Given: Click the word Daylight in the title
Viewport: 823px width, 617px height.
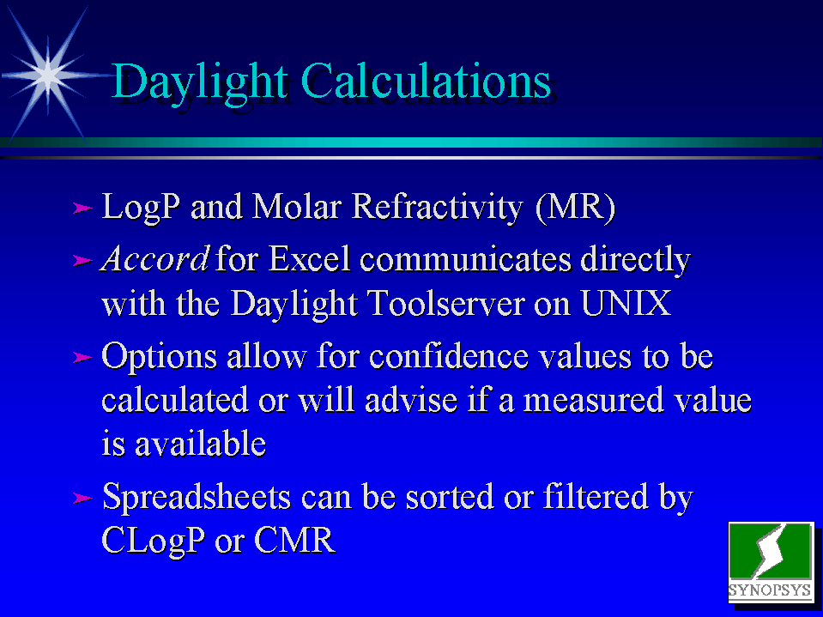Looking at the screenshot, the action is click(x=199, y=83).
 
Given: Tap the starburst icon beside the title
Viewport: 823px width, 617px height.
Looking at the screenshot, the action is click(x=48, y=75).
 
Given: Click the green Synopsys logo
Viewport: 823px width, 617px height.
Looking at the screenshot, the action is click(x=770, y=562).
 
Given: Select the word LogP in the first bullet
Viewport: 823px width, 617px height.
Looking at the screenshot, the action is click(x=140, y=208).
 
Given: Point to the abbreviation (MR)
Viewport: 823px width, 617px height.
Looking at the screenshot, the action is click(x=575, y=207).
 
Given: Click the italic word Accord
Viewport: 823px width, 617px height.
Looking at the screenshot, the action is click(x=154, y=258).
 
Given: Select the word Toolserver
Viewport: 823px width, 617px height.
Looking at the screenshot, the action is click(x=445, y=303).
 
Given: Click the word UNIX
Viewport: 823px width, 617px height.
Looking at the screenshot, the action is click(x=626, y=303).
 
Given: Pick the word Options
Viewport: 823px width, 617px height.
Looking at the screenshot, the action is click(x=159, y=357).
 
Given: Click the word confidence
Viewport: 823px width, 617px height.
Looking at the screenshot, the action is click(x=449, y=356).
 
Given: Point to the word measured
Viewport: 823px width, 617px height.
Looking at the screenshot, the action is click(x=593, y=400).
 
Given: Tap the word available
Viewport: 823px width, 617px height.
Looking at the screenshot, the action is click(x=201, y=444).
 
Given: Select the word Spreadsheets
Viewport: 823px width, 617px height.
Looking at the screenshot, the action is click(x=197, y=498).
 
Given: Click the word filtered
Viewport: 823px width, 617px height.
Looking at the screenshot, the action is click(x=596, y=496).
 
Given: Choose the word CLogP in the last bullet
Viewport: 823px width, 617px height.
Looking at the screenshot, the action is click(x=153, y=541).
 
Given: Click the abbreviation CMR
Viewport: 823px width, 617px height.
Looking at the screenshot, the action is click(x=295, y=540).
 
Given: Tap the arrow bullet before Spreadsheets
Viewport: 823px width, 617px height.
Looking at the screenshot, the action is click(x=82, y=498).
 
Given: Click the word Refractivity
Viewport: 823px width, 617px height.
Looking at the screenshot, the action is click(x=438, y=208).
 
